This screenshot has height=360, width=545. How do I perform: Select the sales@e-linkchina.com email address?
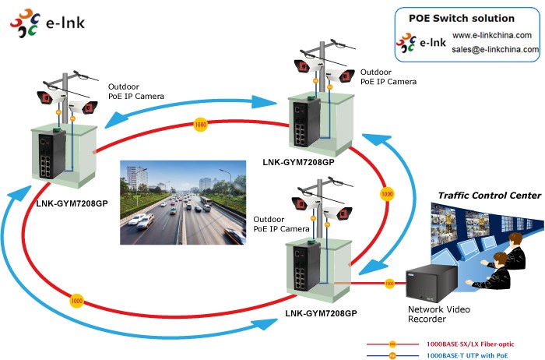pyautogui.click(x=495, y=49)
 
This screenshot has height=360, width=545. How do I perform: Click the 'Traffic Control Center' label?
pyautogui.click(x=489, y=196)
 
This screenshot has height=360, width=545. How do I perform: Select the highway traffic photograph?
pyautogui.click(x=184, y=202)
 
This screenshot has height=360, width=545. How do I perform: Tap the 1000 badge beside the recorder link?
pyautogui.click(x=389, y=284)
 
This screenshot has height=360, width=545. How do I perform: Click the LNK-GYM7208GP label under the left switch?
pyautogui.click(x=72, y=201)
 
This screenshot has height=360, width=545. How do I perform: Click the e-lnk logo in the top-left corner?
pyautogui.click(x=47, y=23)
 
